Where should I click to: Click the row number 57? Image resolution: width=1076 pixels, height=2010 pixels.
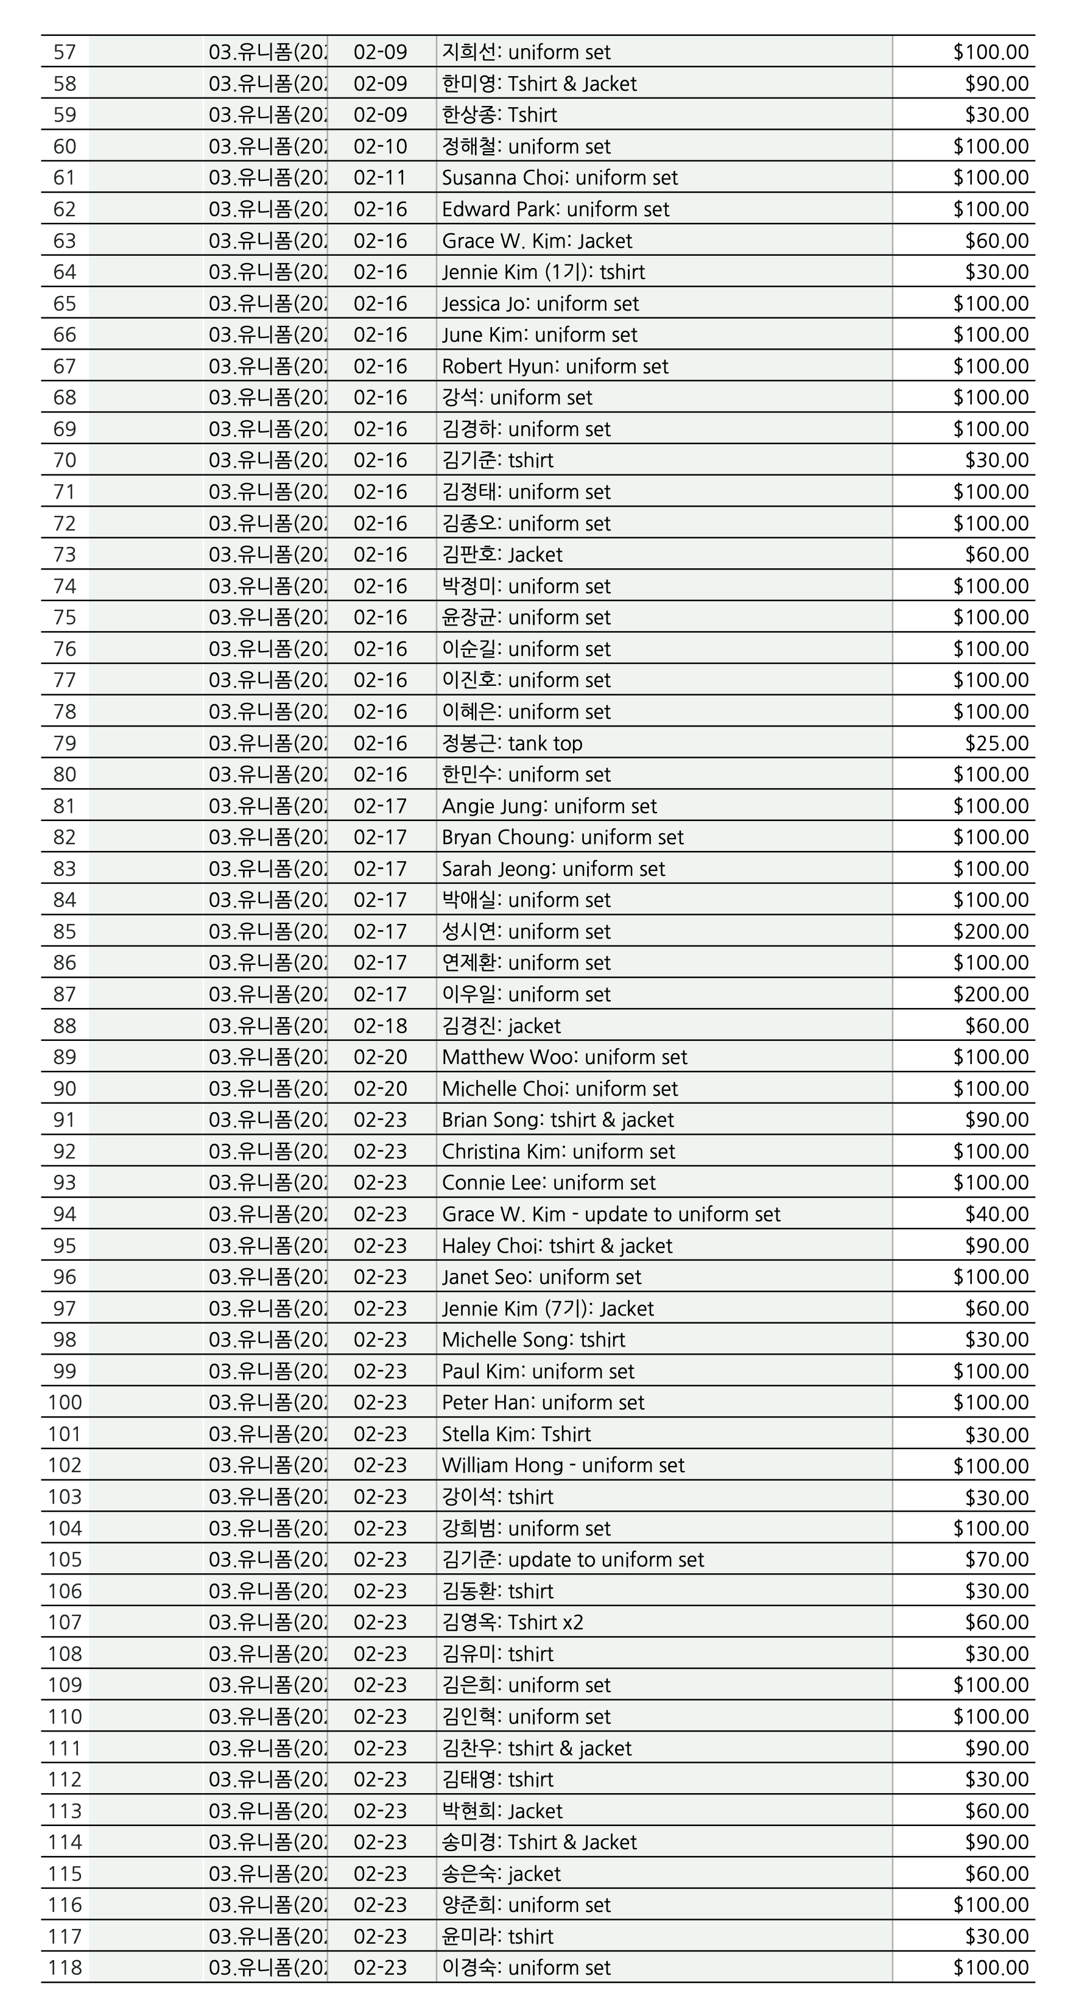65,52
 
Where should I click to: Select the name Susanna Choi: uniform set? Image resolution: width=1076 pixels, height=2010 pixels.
560,178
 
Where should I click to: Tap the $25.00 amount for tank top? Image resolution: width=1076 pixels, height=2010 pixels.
996,744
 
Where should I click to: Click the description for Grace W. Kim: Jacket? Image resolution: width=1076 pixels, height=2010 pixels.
537,241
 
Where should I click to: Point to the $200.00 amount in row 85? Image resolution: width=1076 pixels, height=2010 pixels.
990,932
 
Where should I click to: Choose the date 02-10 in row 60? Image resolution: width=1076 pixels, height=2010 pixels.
380,147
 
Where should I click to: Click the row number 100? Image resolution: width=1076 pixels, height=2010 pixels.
65,1403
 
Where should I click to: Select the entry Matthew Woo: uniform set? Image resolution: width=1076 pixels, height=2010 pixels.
564,1057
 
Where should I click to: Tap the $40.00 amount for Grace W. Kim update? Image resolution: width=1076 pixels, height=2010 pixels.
996,1214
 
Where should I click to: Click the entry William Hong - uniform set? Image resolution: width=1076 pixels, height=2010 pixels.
563,1465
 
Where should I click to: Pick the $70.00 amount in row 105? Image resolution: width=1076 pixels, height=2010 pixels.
996,1560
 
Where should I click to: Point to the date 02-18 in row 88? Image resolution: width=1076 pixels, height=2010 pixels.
380,1026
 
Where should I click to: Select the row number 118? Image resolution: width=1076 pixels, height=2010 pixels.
65,1968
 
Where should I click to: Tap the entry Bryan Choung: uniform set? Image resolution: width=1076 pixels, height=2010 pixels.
563,837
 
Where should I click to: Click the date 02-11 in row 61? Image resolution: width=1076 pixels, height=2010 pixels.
380,178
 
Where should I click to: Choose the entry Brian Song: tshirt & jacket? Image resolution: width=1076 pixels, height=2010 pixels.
558,1120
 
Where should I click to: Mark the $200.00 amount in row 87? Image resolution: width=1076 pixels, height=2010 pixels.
990,994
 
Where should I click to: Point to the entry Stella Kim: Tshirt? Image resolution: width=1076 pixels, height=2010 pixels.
516,1434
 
